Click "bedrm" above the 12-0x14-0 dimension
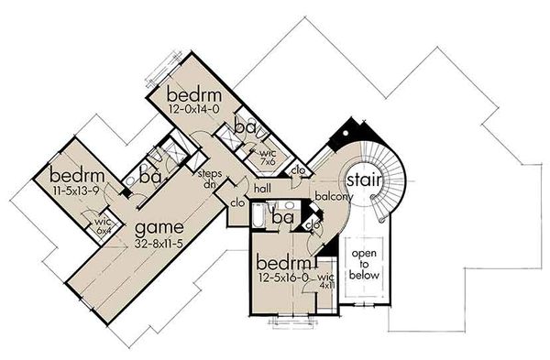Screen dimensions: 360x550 (x=194, y=94)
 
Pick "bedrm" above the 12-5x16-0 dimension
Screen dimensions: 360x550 (x=284, y=258)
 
